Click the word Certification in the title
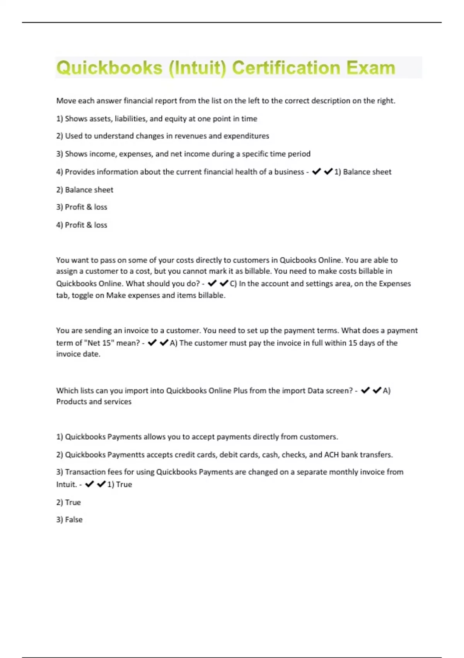coord(286,68)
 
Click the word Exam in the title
coord(371,68)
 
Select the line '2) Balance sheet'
coord(85,190)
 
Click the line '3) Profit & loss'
coord(82,207)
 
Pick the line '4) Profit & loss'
coord(82,225)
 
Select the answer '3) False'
coord(69,519)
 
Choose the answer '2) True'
coord(68,502)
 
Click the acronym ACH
coord(331,455)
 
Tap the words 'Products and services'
coord(94,402)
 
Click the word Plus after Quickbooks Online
coord(240,391)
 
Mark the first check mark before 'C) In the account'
coord(212,283)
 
